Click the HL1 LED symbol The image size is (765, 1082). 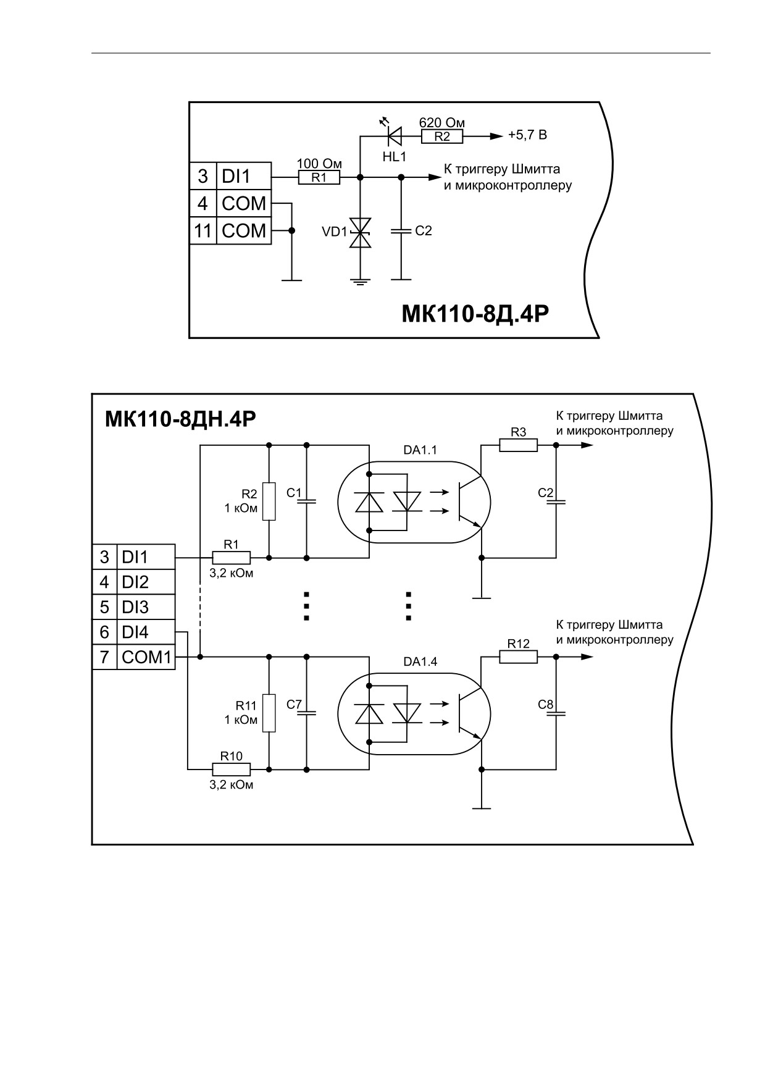click(x=393, y=134)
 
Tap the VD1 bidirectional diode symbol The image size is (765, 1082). click(x=360, y=233)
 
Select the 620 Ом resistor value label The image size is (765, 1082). click(x=441, y=122)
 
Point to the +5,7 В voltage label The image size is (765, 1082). click(x=527, y=135)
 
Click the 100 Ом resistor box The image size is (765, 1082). click(x=319, y=178)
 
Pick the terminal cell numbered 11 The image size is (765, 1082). click(x=203, y=231)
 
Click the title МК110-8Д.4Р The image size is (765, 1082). click(x=475, y=314)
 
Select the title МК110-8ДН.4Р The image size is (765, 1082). click(x=180, y=419)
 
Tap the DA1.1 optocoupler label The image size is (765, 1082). click(x=420, y=450)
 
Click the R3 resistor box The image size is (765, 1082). click(x=519, y=445)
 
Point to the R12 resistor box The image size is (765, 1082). click(x=519, y=656)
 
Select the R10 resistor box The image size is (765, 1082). click(x=232, y=770)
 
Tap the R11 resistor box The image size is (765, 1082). click(x=269, y=713)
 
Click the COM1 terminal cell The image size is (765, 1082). click(x=146, y=657)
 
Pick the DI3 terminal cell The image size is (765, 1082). click(x=146, y=607)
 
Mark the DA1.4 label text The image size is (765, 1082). click(x=420, y=661)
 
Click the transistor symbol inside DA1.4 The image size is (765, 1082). click(x=469, y=713)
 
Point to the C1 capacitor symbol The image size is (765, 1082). click(x=306, y=501)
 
